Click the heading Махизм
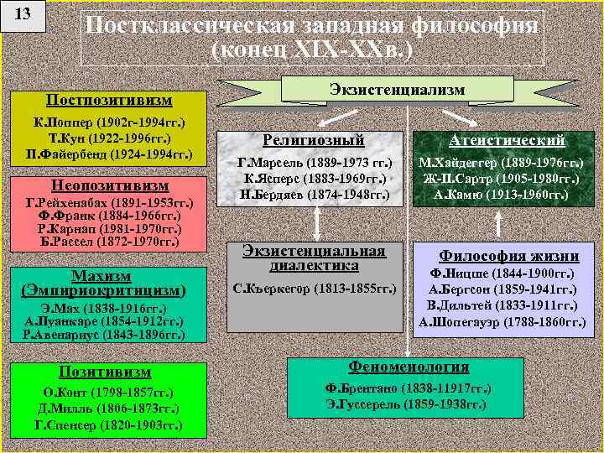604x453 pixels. (x=102, y=276)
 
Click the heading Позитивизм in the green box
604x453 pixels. (x=104, y=371)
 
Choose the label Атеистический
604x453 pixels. (x=507, y=140)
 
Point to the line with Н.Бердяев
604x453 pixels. (x=314, y=195)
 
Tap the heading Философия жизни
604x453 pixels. (x=509, y=256)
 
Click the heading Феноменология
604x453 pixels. (x=409, y=367)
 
